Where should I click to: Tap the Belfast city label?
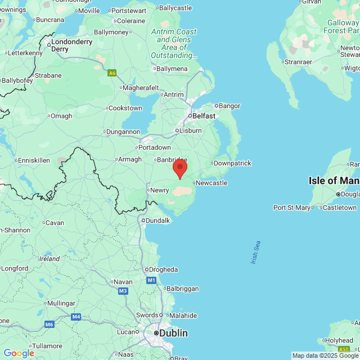pos(204,116)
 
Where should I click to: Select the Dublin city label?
pos(173,333)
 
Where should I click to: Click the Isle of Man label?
pos(334,181)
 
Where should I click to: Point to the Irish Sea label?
pos(256,253)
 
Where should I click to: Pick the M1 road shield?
pos(151,280)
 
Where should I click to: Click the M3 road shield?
pos(123,291)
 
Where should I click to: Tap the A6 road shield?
pos(112,73)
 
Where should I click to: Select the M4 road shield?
pos(76,317)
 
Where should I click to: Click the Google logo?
pos(19,353)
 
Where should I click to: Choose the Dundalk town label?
pos(157,220)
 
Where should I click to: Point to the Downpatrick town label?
pos(232,163)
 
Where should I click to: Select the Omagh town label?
pos(61,116)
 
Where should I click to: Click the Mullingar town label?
pos(61,303)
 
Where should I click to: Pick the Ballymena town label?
pos(172,69)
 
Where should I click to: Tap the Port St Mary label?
pos(292,208)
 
